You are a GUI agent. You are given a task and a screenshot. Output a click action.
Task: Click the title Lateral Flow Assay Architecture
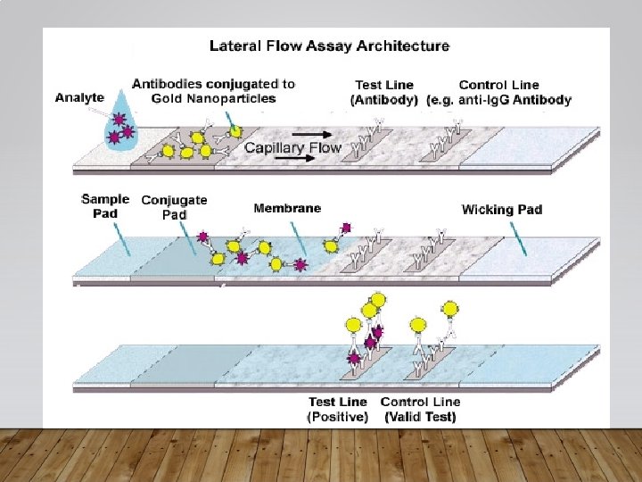(329, 45)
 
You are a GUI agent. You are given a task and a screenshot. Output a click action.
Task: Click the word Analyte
(79, 97)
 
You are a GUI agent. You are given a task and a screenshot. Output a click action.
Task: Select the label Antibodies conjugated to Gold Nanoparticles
(213, 91)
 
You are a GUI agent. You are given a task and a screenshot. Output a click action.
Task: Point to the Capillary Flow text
(292, 147)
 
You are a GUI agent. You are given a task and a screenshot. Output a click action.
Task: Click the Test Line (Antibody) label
(384, 93)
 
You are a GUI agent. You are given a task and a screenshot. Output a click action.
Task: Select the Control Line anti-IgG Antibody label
(498, 93)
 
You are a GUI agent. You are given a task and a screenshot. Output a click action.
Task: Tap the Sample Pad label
(105, 206)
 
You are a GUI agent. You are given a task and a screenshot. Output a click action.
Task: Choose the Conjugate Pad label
(174, 207)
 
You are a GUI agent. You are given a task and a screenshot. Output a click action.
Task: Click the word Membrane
(287, 208)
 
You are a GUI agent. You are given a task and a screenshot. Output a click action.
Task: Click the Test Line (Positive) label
(338, 410)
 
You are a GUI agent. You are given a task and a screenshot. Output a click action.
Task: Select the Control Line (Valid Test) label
(420, 410)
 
